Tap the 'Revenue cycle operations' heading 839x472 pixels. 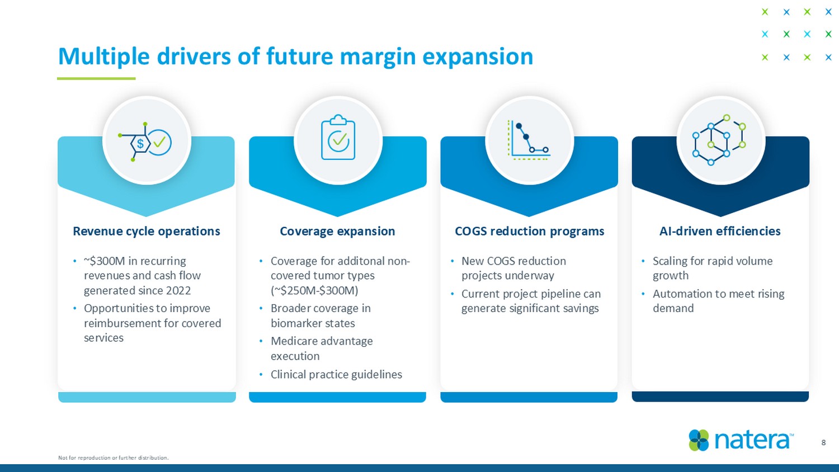coord(147,231)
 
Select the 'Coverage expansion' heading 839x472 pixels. coord(337,231)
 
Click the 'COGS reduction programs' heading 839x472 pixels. coord(529,231)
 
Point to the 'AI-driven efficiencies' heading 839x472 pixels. coord(720,231)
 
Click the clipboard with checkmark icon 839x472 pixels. coord(338,137)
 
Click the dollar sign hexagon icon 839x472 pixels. coord(145,142)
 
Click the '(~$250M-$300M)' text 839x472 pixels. coord(314,290)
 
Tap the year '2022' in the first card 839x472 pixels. coord(178,290)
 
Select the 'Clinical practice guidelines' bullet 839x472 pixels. coord(336,374)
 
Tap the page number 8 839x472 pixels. coord(824,443)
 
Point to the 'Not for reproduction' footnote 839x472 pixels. coord(114,457)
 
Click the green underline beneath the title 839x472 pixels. coord(96,79)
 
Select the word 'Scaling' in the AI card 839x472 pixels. coord(670,262)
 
